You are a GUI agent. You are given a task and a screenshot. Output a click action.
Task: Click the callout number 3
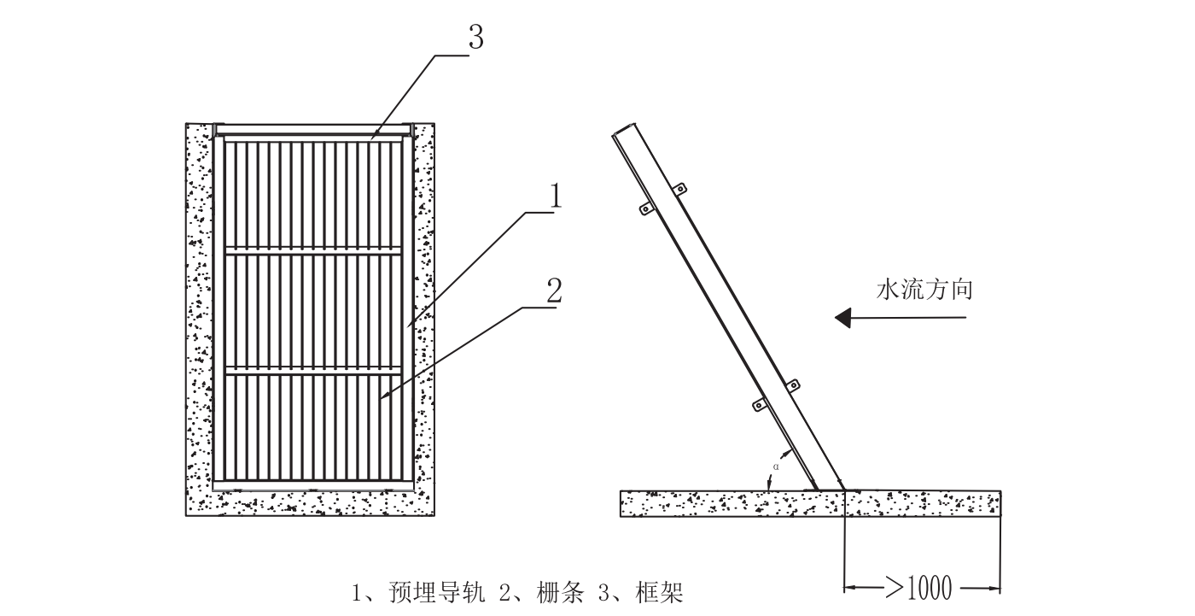point(475,38)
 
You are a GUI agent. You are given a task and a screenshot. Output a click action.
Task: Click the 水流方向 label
point(924,290)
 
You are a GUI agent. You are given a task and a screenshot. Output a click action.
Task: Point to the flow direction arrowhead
point(843,319)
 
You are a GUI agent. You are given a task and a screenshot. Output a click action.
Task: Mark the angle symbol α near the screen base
point(776,466)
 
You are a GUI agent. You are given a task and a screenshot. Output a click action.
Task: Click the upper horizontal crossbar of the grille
point(313,252)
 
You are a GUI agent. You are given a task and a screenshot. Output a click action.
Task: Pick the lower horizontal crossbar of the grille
point(313,371)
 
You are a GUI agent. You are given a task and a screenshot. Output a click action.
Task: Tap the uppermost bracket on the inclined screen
point(680,189)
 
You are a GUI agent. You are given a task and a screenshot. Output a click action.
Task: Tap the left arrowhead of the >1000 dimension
point(848,588)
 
